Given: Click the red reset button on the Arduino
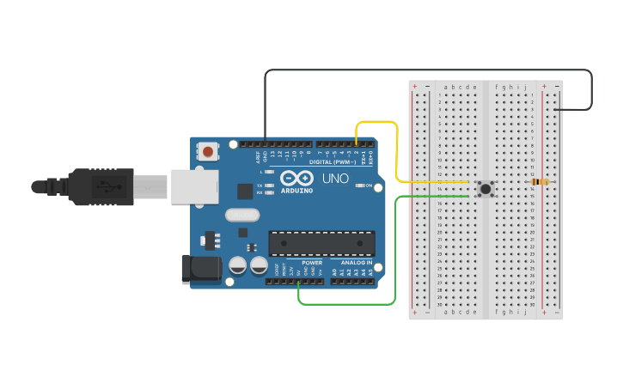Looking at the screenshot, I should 208,152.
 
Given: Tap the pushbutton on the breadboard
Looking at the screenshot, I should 486,189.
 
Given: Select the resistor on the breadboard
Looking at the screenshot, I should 540,182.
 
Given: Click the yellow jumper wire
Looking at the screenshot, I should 397,155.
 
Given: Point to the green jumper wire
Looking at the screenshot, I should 394,258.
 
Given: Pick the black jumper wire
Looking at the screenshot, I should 430,70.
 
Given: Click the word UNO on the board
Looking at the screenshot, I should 335,179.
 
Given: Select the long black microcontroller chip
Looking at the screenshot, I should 321,243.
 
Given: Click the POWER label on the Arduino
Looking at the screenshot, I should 312,262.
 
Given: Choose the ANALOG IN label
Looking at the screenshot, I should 356,262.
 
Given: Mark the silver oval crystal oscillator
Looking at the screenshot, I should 242,215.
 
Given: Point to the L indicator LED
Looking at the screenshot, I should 270,173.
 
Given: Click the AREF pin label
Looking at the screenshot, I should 257,157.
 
